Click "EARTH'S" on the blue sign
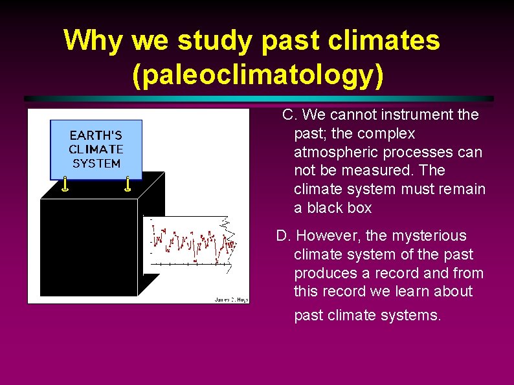pyautogui.click(x=96, y=135)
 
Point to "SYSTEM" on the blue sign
pyautogui.click(x=96, y=164)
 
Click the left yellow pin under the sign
pyautogui.click(x=65, y=185)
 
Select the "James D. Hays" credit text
pyautogui.click(x=230, y=299)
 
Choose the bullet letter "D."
pyautogui.click(x=284, y=236)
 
